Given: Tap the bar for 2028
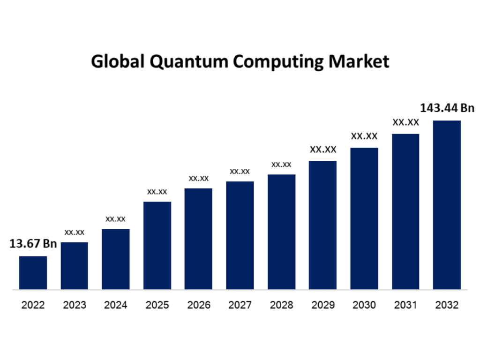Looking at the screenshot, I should pyautogui.click(x=281, y=232).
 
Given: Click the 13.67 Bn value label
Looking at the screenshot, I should pyautogui.click(x=32, y=243).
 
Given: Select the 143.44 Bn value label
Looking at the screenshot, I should pyautogui.click(x=447, y=108).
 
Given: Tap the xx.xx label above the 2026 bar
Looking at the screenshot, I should pyautogui.click(x=199, y=178).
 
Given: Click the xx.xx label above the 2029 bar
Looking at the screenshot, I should pyautogui.click(x=323, y=150).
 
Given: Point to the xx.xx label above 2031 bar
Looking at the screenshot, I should pyautogui.click(x=405, y=122).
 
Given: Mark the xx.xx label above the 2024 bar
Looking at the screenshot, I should pyautogui.click(x=115, y=218).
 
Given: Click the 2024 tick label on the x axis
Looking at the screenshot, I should pyautogui.click(x=116, y=305).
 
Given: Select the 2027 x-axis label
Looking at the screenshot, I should pyautogui.click(x=240, y=305).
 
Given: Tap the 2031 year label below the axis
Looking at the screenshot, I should pyautogui.click(x=405, y=305).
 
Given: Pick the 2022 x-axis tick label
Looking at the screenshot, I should pyautogui.click(x=33, y=305).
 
